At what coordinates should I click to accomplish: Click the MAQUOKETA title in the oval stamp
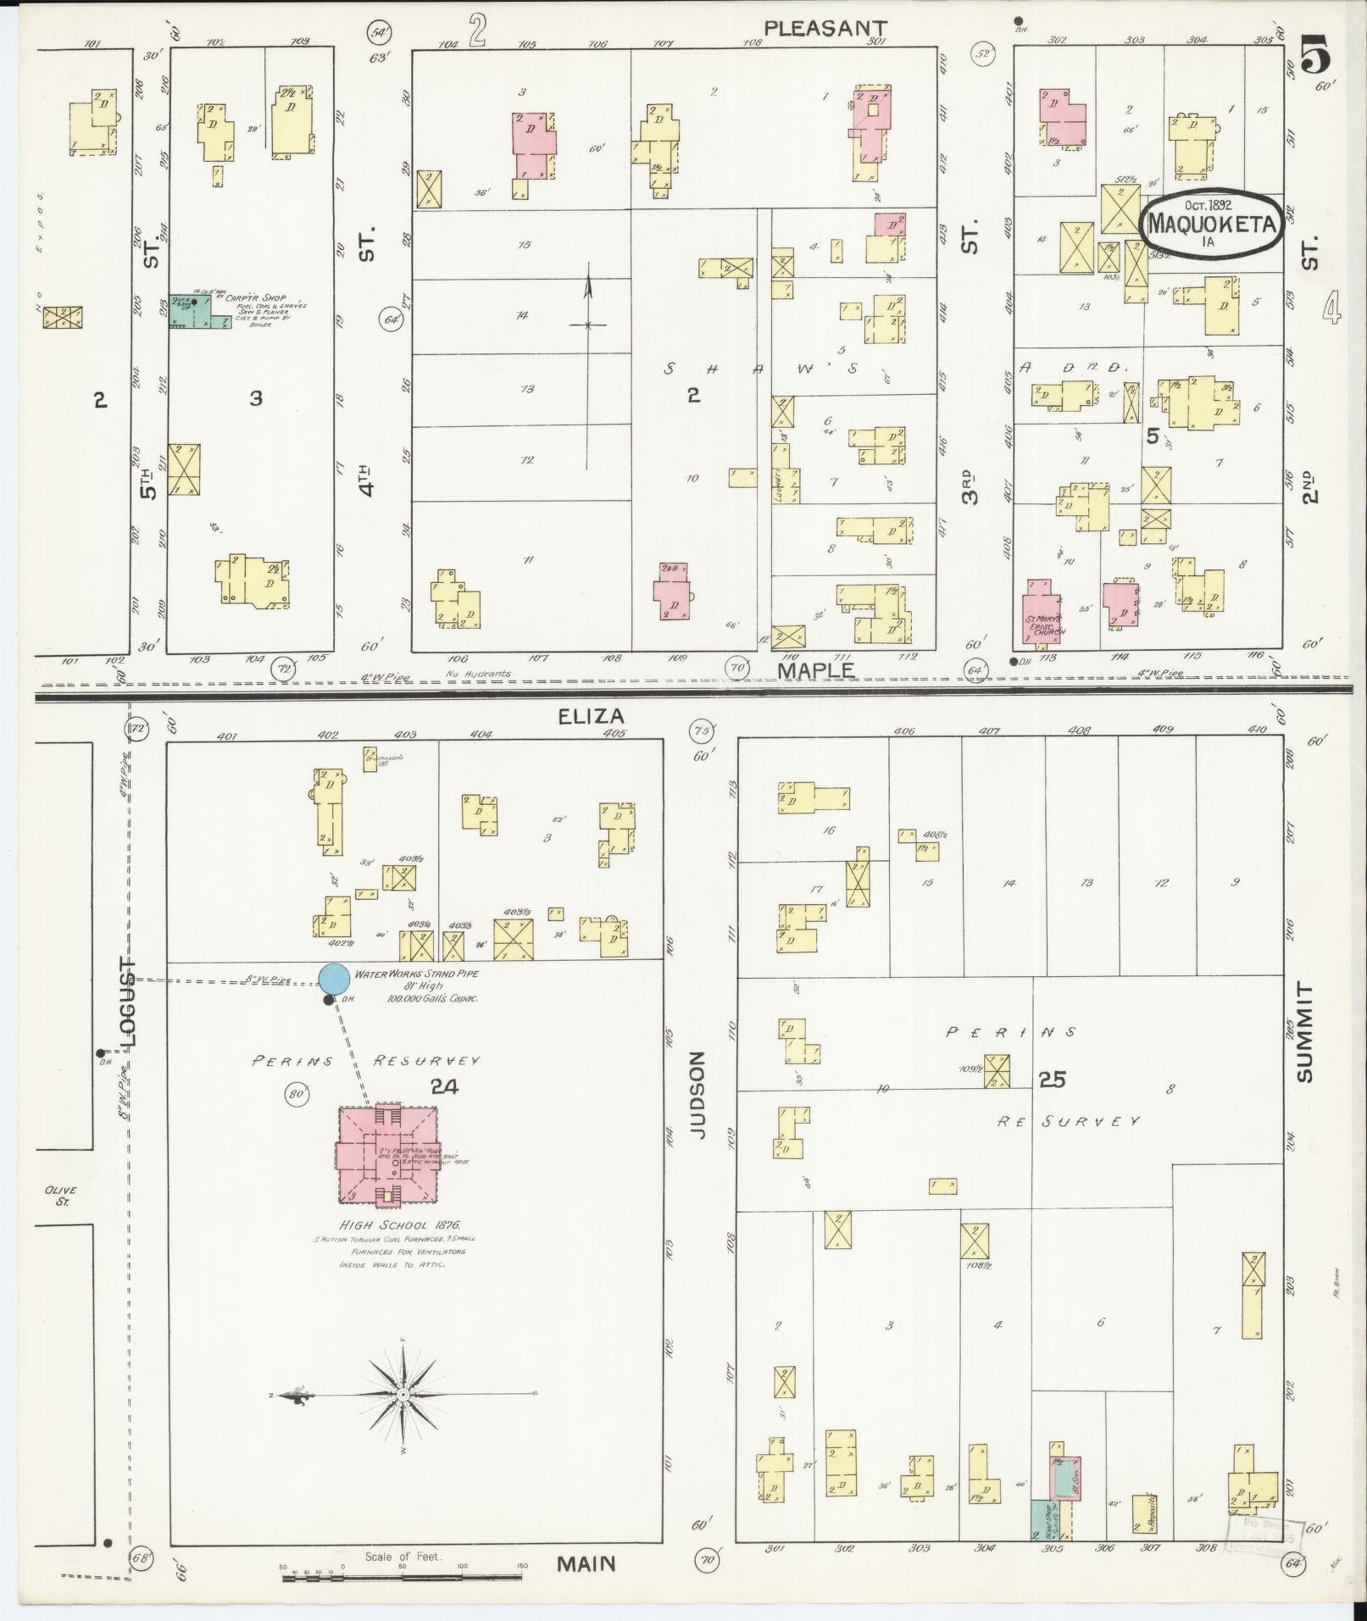tap(1210, 225)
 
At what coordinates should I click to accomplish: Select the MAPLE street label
tap(816, 669)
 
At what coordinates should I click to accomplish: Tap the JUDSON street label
tap(697, 1093)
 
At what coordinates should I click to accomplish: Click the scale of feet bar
tap(403, 1577)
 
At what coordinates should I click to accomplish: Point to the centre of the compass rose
tap(404, 1394)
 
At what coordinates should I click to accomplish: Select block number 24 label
tap(443, 1085)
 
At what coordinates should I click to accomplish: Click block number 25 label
tap(1052, 1079)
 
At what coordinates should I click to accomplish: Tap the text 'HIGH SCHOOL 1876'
tap(399, 1224)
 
